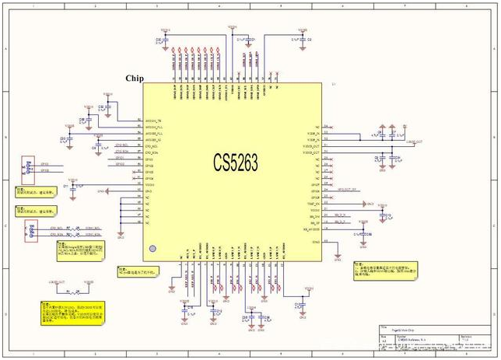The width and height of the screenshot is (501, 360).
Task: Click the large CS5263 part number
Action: pos(236,163)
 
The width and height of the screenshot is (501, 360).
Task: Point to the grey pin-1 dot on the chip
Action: pos(152,249)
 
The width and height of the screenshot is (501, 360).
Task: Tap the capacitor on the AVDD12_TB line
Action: pos(102,110)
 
